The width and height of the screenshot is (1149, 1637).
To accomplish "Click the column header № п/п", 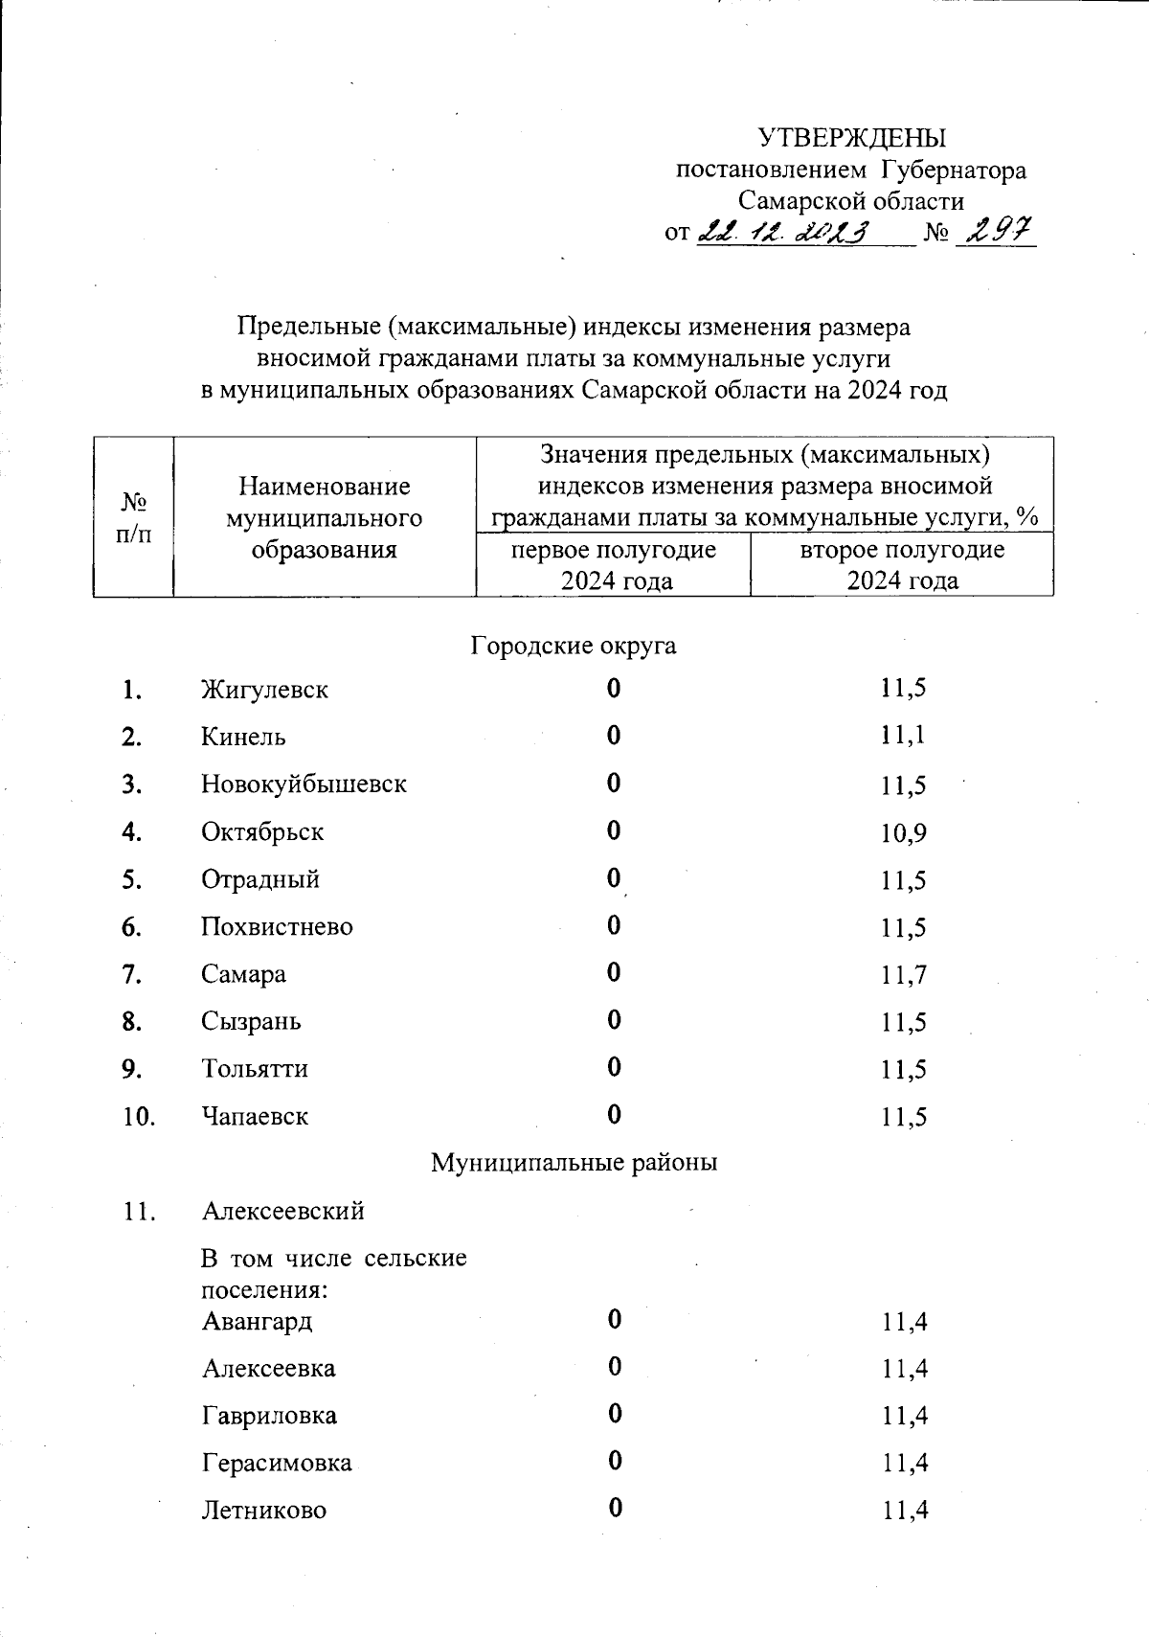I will click(x=133, y=517).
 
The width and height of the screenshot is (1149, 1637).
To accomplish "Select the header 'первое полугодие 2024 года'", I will click(x=613, y=565).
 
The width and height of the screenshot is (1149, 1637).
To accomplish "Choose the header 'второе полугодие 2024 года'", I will click(x=902, y=565).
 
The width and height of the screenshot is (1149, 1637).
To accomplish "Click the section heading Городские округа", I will click(x=573, y=646).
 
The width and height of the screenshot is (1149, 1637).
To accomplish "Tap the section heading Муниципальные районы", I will click(x=574, y=1163).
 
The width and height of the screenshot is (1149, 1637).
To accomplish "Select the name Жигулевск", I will click(x=264, y=690).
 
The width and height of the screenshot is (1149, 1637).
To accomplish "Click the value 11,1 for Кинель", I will click(x=903, y=736).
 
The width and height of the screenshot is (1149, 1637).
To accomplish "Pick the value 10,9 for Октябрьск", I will click(x=903, y=832).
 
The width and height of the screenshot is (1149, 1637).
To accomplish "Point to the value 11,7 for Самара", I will click(x=903, y=975).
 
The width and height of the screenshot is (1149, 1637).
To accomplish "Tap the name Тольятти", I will click(x=255, y=1069).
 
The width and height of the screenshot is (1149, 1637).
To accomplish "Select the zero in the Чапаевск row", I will click(x=614, y=1115).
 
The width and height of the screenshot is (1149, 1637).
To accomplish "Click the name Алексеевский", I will click(x=283, y=1212).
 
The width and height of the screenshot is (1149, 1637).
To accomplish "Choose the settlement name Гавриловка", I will click(x=269, y=1416).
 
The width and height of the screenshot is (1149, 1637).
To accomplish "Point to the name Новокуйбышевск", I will click(x=304, y=784).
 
